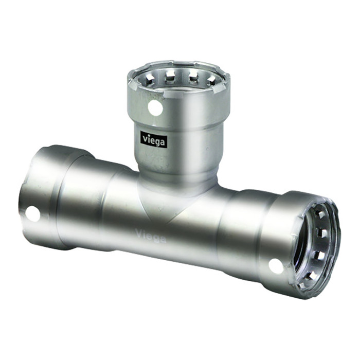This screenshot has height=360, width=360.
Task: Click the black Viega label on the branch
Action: click(x=154, y=139)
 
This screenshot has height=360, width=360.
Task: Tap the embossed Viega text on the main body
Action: click(x=151, y=236)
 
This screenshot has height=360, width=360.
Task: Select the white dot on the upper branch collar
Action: click(x=155, y=108)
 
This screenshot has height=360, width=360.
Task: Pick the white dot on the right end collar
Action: click(x=276, y=266)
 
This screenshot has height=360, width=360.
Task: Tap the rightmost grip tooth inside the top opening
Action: click(x=211, y=80)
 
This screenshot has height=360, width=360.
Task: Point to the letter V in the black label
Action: click(x=144, y=138)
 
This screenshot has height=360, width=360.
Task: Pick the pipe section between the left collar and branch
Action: click(x=98, y=206)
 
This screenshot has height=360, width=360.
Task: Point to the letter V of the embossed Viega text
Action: click(x=139, y=233)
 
